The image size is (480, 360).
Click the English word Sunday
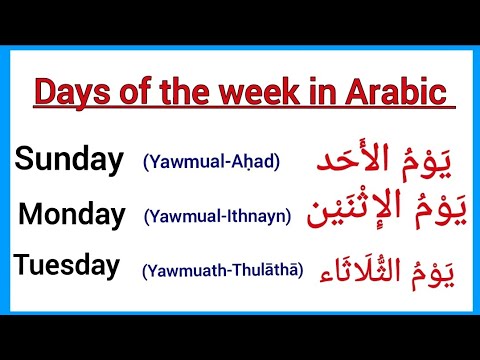pyautogui.click(x=69, y=160)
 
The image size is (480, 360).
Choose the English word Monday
pyautogui.click(x=72, y=213)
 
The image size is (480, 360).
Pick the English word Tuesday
pyautogui.click(x=67, y=266)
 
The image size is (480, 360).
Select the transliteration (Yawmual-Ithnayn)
pyautogui.click(x=218, y=215)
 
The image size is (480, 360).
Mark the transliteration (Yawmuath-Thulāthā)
pyautogui.click(x=222, y=269)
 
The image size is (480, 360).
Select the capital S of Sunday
pyautogui.click(x=24, y=160)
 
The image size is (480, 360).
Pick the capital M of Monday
pyautogui.click(x=31, y=213)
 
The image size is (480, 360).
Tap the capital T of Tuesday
pyautogui.click(x=22, y=266)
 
